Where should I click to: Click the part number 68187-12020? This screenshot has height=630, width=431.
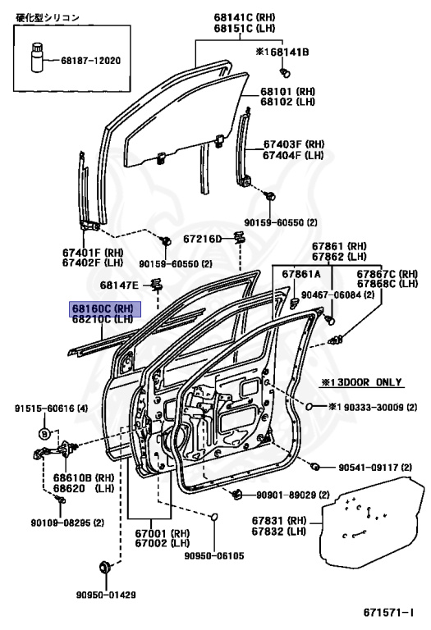click(90, 61)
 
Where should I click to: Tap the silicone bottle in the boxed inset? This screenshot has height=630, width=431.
click(37, 57)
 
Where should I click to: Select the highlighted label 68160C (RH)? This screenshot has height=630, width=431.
click(105, 309)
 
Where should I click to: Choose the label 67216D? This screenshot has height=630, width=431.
click(203, 239)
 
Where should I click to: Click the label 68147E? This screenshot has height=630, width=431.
click(119, 285)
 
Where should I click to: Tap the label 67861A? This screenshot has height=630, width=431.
click(301, 274)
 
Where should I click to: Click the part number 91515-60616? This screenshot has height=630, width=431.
click(44, 409)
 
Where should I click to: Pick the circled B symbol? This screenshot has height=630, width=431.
click(44, 434)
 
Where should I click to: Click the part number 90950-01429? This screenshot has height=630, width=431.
click(106, 595)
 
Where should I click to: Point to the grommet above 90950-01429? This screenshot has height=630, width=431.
click(106, 568)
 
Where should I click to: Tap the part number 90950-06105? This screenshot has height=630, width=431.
click(214, 556)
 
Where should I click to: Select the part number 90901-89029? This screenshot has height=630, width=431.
click(287, 495)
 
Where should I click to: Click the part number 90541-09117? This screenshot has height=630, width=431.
click(369, 468)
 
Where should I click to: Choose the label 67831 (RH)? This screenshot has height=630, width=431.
click(279, 521)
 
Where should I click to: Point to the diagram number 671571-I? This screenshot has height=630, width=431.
click(388, 613)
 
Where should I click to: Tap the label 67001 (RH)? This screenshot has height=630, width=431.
click(162, 533)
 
